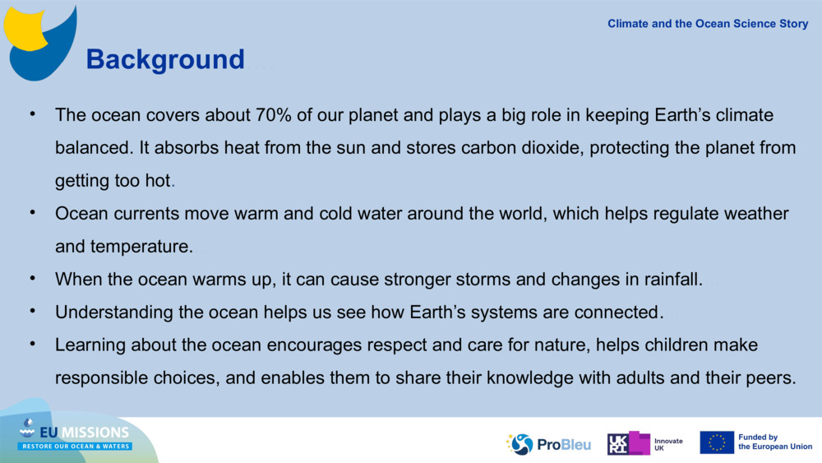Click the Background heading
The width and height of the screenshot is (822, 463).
coord(165,59)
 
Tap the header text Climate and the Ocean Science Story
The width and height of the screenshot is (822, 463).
coord(708,24)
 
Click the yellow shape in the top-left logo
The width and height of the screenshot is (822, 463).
coord(24,29)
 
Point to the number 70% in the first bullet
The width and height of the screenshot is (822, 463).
coord(273,115)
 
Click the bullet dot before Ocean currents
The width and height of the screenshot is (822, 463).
coord(33,212)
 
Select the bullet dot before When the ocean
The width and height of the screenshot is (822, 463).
coord(33,277)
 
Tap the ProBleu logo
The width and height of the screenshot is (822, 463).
coord(548,444)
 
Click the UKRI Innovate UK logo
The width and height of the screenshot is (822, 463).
coord(644,443)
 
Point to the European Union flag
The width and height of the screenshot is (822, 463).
coord(717,442)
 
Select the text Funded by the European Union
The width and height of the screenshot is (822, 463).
coord(775,442)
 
